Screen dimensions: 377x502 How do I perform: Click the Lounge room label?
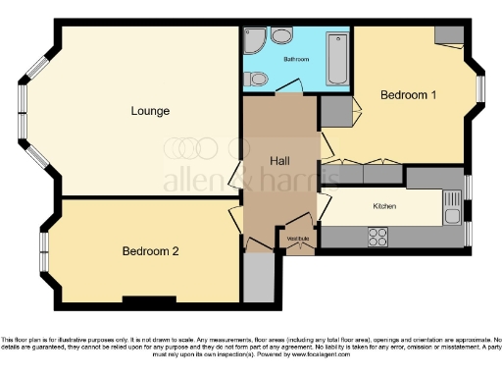150,110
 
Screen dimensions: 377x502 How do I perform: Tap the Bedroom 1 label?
408,95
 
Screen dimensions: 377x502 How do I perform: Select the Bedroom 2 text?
150,250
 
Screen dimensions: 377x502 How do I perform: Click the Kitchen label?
384,207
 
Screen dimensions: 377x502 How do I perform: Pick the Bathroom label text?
296,60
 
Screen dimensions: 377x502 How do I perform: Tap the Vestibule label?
298,239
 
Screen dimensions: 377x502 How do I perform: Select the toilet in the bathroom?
281,36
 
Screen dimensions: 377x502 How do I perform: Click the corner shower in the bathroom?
251,40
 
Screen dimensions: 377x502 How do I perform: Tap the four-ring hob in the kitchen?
377,236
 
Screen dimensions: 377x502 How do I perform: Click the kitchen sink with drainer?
452,208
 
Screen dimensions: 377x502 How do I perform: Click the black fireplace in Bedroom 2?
148,298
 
